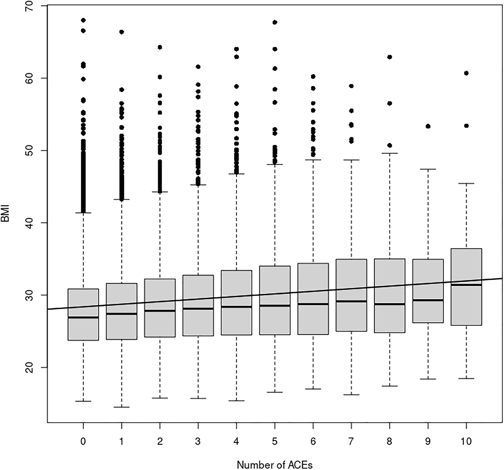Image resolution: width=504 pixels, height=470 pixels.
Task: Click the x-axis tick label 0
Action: [83, 442]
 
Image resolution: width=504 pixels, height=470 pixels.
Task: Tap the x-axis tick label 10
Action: [466, 442]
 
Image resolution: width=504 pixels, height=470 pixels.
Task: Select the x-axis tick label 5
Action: [275, 442]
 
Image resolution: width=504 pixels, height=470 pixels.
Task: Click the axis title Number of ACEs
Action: [275, 464]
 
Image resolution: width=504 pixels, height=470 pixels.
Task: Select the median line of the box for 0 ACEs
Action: [83, 317]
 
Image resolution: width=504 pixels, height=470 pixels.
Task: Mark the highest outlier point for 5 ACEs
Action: [275, 22]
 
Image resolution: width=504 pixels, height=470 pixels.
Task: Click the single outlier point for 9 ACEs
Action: [428, 126]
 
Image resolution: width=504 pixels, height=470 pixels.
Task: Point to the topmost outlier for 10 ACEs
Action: [466, 73]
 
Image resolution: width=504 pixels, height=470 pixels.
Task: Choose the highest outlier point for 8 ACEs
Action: [390, 57]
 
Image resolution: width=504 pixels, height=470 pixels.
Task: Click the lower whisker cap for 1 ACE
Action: [121, 407]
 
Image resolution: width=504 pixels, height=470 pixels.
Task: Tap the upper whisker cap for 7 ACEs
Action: [351, 160]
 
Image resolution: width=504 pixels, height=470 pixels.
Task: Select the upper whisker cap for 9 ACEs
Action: [428, 169]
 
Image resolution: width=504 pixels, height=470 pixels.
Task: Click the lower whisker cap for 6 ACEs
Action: [313, 389]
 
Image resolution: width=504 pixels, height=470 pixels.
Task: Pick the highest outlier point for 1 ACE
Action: [121, 32]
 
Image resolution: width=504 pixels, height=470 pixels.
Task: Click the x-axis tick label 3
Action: [198, 442]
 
